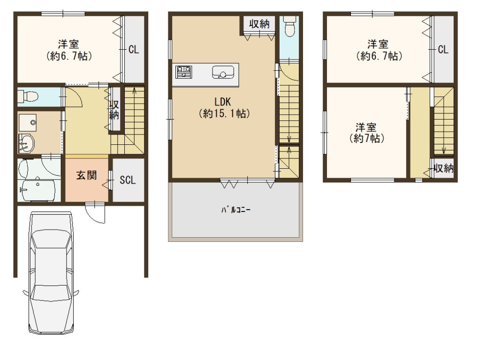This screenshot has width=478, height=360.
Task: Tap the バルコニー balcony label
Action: (235, 210)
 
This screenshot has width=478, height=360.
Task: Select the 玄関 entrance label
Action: (87, 175)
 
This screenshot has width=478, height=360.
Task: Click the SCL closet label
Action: (128, 180)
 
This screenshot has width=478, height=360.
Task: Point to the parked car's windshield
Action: (51, 238)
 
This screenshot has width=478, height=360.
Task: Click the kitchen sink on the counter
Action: (223, 73)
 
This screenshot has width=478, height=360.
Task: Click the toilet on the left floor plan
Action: (28, 97)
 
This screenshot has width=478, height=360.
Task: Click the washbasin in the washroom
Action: (27, 143)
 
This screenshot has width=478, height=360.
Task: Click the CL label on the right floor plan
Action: (443, 49)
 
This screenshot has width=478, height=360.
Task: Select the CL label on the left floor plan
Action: (134, 49)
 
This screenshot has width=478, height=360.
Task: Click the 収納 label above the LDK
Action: (259, 24)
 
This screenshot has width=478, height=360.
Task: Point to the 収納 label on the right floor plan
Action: (444, 168)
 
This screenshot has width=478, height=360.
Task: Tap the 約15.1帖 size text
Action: (224, 113)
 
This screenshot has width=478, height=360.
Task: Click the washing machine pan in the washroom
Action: (27, 122)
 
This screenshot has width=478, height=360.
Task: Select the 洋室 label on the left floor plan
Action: (68, 44)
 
